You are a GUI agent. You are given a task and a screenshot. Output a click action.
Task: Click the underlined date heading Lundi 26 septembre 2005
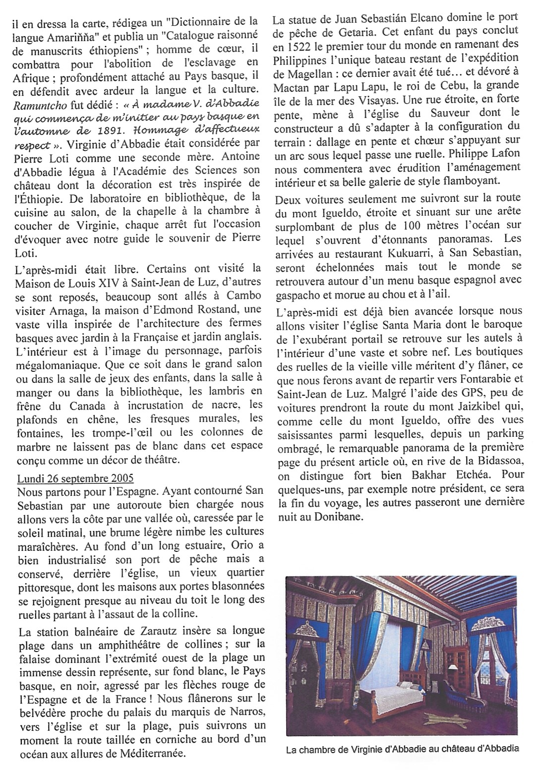pos(75,479)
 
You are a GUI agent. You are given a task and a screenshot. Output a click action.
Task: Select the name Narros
pos(249,712)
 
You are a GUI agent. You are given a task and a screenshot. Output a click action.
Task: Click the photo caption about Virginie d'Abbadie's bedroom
pos(403,750)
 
